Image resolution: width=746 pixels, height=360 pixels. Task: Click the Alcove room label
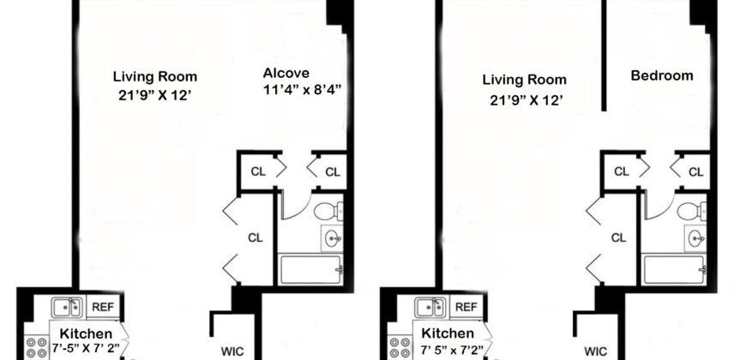coord(286,73)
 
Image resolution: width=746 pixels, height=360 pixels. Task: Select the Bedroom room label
coord(661,75)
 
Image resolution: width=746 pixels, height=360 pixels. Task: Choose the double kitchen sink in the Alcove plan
coord(66,307)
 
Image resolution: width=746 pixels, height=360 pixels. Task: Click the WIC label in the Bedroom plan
coord(596,351)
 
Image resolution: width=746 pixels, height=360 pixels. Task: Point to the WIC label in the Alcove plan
coord(232,351)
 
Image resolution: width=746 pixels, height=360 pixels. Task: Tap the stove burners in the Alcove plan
coord(36,347)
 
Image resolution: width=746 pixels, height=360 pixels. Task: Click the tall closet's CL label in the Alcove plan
coord(256,237)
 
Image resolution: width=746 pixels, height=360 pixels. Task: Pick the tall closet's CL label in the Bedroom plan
coord(620,237)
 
